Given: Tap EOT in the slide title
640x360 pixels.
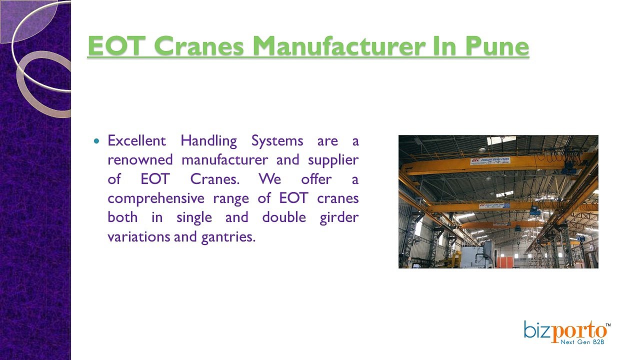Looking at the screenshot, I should coord(115,46).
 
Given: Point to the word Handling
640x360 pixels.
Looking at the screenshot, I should coord(208,141).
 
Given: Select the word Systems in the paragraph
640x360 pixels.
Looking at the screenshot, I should coord(276,141).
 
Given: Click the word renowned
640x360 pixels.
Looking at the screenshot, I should coord(140,160).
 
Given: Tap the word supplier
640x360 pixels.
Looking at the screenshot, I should coord(333,160).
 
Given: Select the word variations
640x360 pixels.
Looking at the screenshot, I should coord(138,236).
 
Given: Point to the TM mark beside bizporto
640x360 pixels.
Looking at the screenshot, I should coord(608,325).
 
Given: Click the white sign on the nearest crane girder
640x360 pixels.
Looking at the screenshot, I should coord(489,161).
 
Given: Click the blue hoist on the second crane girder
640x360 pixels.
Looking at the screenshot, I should coord(535,211).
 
